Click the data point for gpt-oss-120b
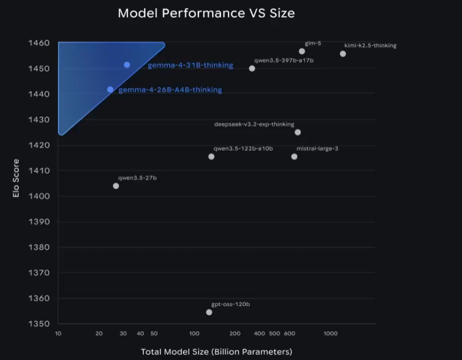click(209, 312)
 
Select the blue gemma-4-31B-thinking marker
click(127, 65)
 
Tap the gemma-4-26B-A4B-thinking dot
click(110, 89)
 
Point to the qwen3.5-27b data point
click(116, 186)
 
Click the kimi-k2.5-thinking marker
click(343, 54)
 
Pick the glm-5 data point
click(302, 51)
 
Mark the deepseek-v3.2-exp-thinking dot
click(298, 132)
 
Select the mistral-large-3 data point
click(294, 156)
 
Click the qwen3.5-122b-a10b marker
click(211, 156)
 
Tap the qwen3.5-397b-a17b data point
click(252, 69)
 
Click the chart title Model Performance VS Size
click(206, 13)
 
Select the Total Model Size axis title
click(216, 352)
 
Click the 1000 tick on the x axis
click(330, 334)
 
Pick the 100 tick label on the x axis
click(194, 334)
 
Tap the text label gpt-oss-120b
click(230, 304)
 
